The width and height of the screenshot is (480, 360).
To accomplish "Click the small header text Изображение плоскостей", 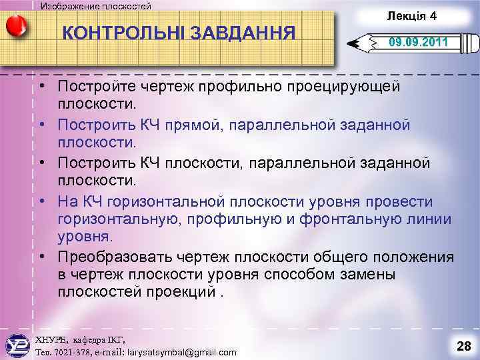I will pos(96,6).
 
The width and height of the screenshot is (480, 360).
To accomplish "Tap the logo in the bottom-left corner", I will pos(16,345).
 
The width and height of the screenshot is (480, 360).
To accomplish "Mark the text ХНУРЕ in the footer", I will pos(49,339).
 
